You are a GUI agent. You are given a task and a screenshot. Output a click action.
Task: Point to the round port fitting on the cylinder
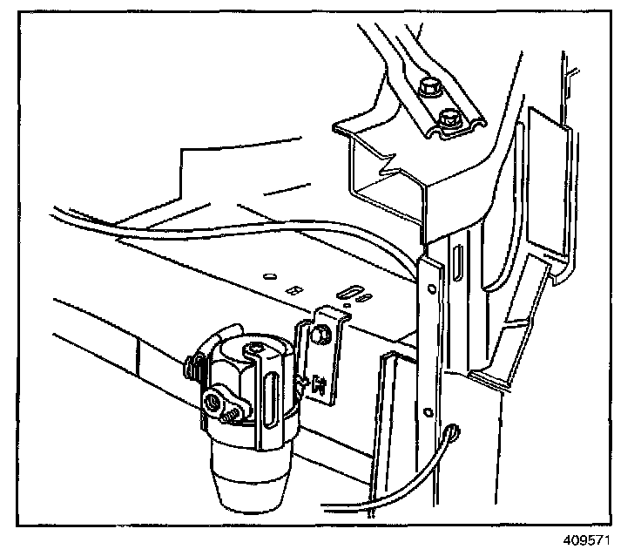coord(212,402)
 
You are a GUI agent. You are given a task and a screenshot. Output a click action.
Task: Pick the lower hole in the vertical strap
coord(428,412)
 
